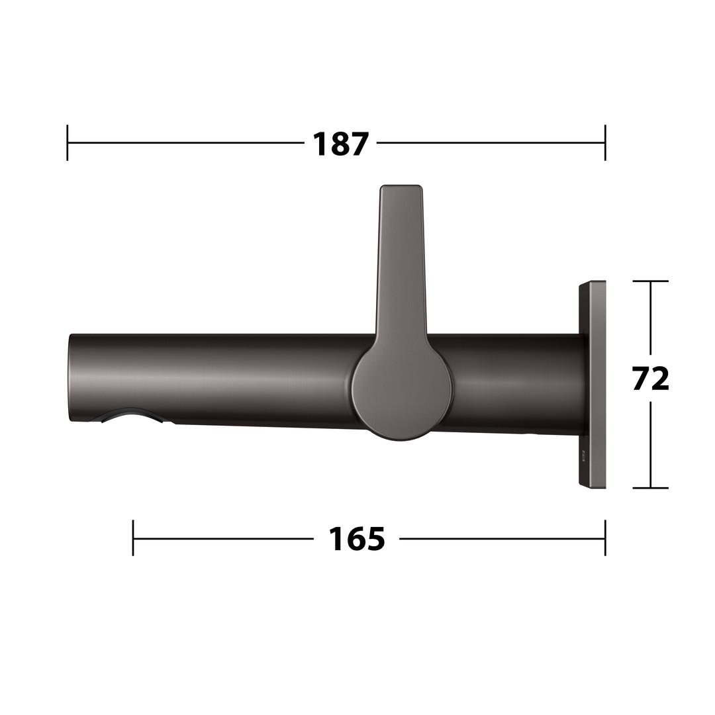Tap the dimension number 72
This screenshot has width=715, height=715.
point(651,378)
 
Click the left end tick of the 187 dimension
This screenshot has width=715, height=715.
point(68,143)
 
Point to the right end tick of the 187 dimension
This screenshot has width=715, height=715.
point(605,143)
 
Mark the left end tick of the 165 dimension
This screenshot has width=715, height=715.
point(133,538)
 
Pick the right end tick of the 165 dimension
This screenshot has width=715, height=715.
point(605,538)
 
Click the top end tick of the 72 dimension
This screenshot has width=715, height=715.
point(651,281)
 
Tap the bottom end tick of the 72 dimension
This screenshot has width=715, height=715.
point(651,488)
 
